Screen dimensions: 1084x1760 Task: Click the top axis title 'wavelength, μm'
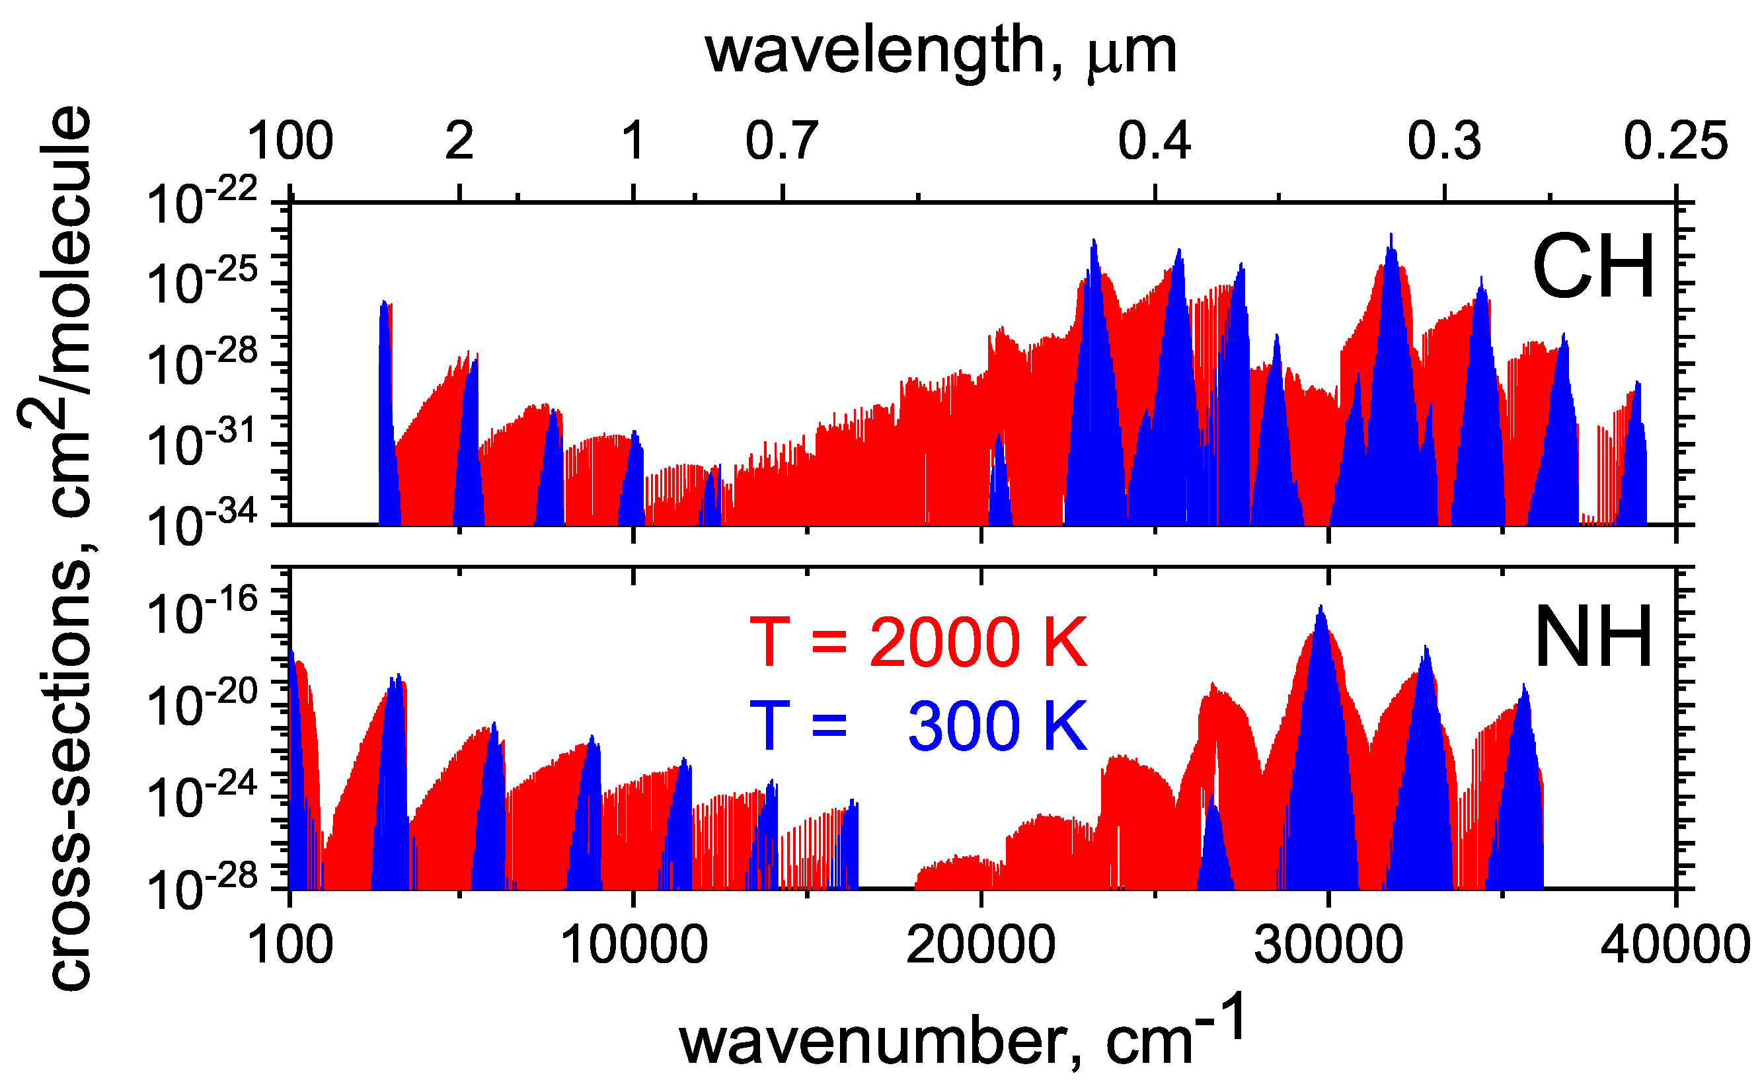pyautogui.click(x=941, y=52)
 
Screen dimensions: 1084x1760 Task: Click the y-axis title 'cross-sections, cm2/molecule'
pyautogui.click(x=56, y=548)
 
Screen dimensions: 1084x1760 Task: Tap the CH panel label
pyautogui.click(x=1593, y=267)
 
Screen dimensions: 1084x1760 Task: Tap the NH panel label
pyautogui.click(x=1593, y=637)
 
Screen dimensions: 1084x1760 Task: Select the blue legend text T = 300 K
pyautogui.click(x=919, y=726)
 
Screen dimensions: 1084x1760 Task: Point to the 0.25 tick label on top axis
pyautogui.click(x=1675, y=141)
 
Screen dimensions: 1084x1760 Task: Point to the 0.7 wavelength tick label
pyautogui.click(x=782, y=141)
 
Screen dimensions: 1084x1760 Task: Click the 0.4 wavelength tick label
pyautogui.click(x=1155, y=141)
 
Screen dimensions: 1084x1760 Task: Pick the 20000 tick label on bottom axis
pyautogui.click(x=980, y=945)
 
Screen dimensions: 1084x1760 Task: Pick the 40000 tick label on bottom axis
pyautogui.click(x=1675, y=945)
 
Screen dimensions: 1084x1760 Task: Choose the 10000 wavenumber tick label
pyautogui.click(x=633, y=945)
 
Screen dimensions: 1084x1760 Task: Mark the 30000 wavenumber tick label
pyautogui.click(x=1328, y=945)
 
